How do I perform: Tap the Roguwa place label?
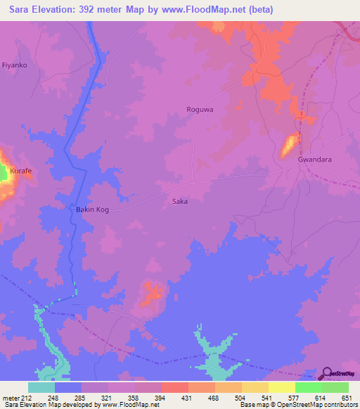(199, 110)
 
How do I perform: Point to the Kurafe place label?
(21, 171)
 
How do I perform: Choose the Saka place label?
(180, 202)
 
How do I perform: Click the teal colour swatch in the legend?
(41, 387)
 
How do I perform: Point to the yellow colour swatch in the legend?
(281, 387)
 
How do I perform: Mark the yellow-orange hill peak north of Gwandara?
(289, 146)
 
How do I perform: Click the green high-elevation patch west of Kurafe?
(3, 173)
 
